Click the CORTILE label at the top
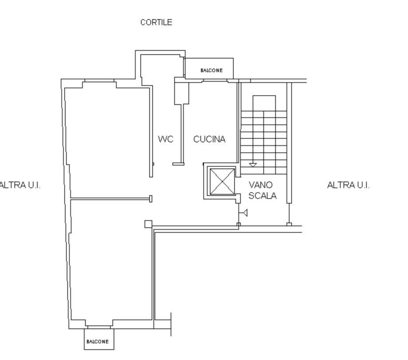coord(156,23)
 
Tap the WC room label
coord(165,139)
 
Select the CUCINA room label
coord(209,139)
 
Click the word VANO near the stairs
coord(260,185)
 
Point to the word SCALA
coord(263,196)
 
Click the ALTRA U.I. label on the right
coord(348,185)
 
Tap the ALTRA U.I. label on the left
coord(20,185)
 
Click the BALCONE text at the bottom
coord(97,342)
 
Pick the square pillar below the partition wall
coord(148,224)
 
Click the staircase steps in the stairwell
coord(263,138)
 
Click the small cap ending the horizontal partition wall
coord(151,198)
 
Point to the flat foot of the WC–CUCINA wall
coord(178,164)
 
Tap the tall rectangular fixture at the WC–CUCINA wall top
coord(179,93)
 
